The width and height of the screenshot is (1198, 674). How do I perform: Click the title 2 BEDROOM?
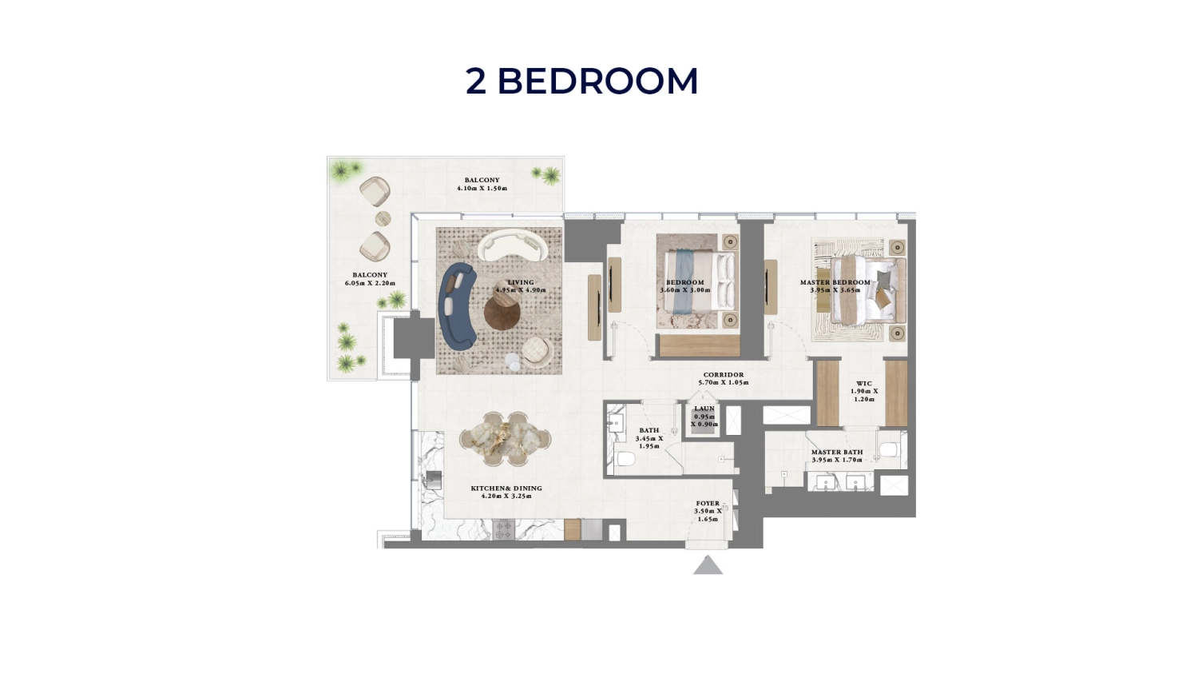coord(581,82)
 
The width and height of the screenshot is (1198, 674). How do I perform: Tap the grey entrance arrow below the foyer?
coord(708,566)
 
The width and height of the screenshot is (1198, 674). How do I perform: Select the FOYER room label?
coord(708,504)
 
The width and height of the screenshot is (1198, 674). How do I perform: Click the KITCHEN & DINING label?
coord(506,489)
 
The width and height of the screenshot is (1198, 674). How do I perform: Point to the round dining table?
coord(505,438)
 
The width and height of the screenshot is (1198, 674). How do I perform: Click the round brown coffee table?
coord(502,312)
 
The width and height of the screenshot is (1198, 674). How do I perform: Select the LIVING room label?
coord(521,282)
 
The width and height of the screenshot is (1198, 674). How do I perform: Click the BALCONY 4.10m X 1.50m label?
coord(482,185)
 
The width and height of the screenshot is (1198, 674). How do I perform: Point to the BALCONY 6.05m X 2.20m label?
coord(370,279)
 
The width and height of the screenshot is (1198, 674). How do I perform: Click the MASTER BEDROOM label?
coord(835,282)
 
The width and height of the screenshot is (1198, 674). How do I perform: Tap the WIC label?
coord(864,384)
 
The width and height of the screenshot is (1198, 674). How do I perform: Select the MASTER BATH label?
coord(837,453)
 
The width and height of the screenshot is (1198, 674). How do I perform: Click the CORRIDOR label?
coord(724,375)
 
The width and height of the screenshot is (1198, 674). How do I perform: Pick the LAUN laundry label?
coord(704,409)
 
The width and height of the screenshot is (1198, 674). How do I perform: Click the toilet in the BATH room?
coord(625,459)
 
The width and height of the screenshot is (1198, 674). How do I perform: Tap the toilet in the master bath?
coord(889,449)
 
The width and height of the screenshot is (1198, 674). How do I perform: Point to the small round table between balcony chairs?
coord(383,219)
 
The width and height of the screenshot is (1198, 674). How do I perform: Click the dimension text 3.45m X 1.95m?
coord(649,442)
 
